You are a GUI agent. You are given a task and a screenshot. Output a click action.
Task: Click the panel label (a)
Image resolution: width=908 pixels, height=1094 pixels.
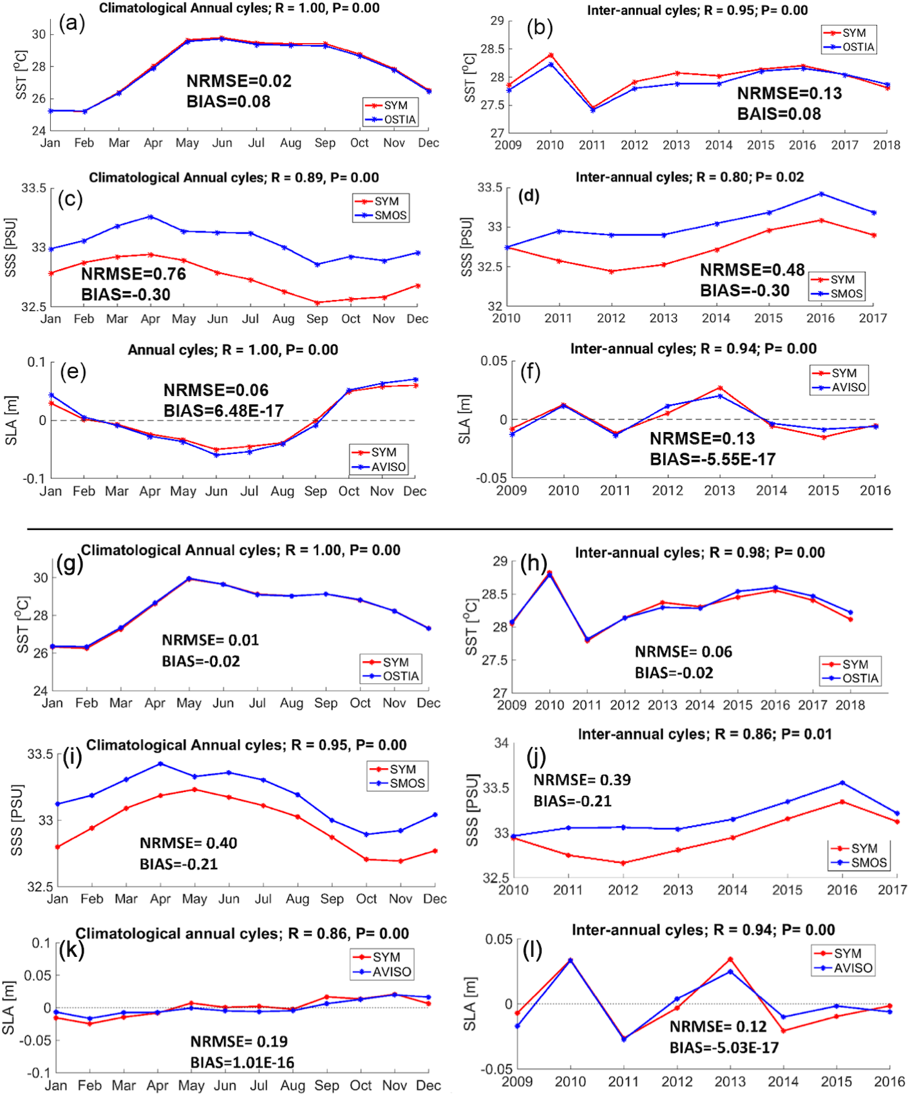click(x=71, y=23)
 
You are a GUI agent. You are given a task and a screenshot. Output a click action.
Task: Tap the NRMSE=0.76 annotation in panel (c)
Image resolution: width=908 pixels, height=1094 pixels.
click(x=133, y=274)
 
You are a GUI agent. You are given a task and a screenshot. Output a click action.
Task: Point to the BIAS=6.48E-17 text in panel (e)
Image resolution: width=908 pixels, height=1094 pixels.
click(x=223, y=410)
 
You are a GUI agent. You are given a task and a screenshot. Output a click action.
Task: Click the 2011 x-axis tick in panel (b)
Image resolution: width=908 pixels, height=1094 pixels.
click(x=592, y=145)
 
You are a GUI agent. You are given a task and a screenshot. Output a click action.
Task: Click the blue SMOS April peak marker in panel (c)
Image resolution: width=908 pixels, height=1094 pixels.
click(x=151, y=217)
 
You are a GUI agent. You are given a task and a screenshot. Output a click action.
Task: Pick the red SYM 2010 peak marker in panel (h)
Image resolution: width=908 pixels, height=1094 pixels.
click(x=549, y=572)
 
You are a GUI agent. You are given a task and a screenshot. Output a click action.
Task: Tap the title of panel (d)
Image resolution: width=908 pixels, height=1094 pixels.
click(x=689, y=177)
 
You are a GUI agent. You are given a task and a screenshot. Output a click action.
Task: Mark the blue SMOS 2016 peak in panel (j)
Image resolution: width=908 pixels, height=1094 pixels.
click(x=842, y=783)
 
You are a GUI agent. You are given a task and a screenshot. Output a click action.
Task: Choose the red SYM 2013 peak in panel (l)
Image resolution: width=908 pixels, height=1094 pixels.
click(x=730, y=959)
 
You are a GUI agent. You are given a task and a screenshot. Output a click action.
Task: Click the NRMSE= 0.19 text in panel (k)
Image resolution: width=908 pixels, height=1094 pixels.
click(x=238, y=1041)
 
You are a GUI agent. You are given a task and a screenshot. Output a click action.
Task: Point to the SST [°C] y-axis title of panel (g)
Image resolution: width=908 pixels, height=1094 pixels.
click(x=22, y=624)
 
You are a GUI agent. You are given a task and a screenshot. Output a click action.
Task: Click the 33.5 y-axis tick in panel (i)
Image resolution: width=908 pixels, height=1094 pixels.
click(x=40, y=754)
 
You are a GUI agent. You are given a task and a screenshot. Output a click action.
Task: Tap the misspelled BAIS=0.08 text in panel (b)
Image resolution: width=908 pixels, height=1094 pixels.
click(x=779, y=114)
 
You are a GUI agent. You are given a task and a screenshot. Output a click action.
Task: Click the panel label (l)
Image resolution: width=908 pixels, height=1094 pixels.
click(x=532, y=950)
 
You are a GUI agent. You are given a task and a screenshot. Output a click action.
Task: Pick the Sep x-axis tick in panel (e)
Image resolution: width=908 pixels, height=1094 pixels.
click(x=316, y=491)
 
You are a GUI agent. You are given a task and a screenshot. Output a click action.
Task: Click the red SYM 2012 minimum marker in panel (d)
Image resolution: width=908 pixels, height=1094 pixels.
click(x=611, y=271)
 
